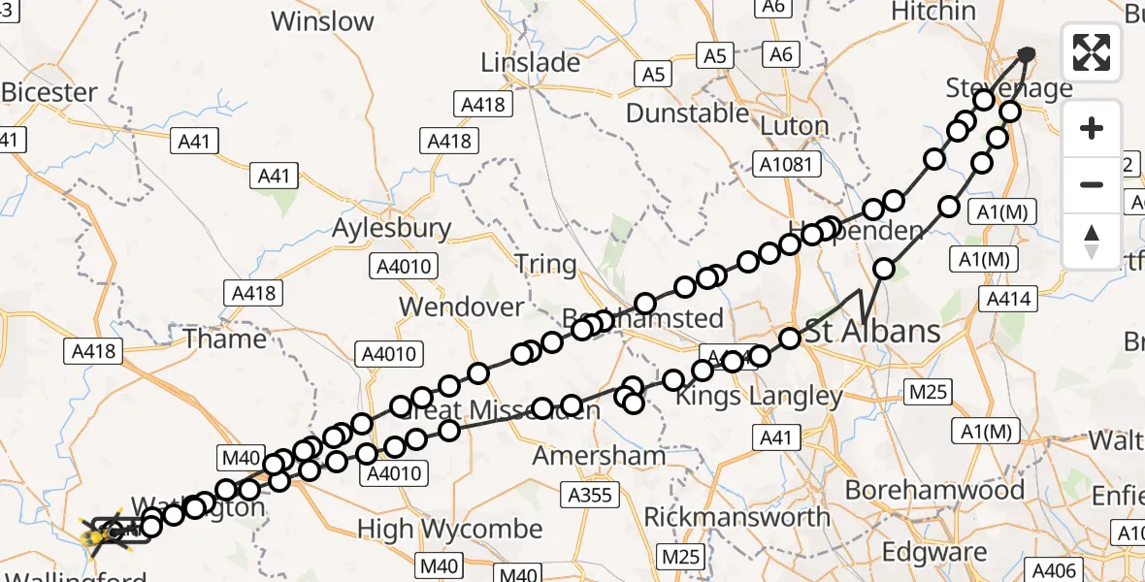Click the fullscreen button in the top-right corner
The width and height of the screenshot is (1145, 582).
pyautogui.click(x=1092, y=52)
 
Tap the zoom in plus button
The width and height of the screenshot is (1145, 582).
pyautogui.click(x=1092, y=128)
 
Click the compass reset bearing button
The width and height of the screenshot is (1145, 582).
pyautogui.click(x=1092, y=241)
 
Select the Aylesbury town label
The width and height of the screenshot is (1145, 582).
pyautogui.click(x=391, y=229)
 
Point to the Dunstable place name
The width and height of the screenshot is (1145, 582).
pyautogui.click(x=687, y=113)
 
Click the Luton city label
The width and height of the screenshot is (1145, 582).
pyautogui.click(x=795, y=126)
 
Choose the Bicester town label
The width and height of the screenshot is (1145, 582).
pyautogui.click(x=49, y=93)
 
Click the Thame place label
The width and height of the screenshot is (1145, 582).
pyautogui.click(x=224, y=339)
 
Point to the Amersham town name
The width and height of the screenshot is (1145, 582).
pyautogui.click(x=600, y=455)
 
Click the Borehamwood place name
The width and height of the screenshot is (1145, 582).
pyautogui.click(x=934, y=490)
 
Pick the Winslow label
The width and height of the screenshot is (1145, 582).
pyautogui.click(x=322, y=21)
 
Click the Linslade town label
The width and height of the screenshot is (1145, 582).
pyautogui.click(x=531, y=63)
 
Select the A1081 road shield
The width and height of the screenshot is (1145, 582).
pyautogui.click(x=786, y=164)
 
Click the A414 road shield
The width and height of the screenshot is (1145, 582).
pyautogui.click(x=1008, y=300)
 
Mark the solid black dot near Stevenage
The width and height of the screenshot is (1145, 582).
pyautogui.click(x=1027, y=54)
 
